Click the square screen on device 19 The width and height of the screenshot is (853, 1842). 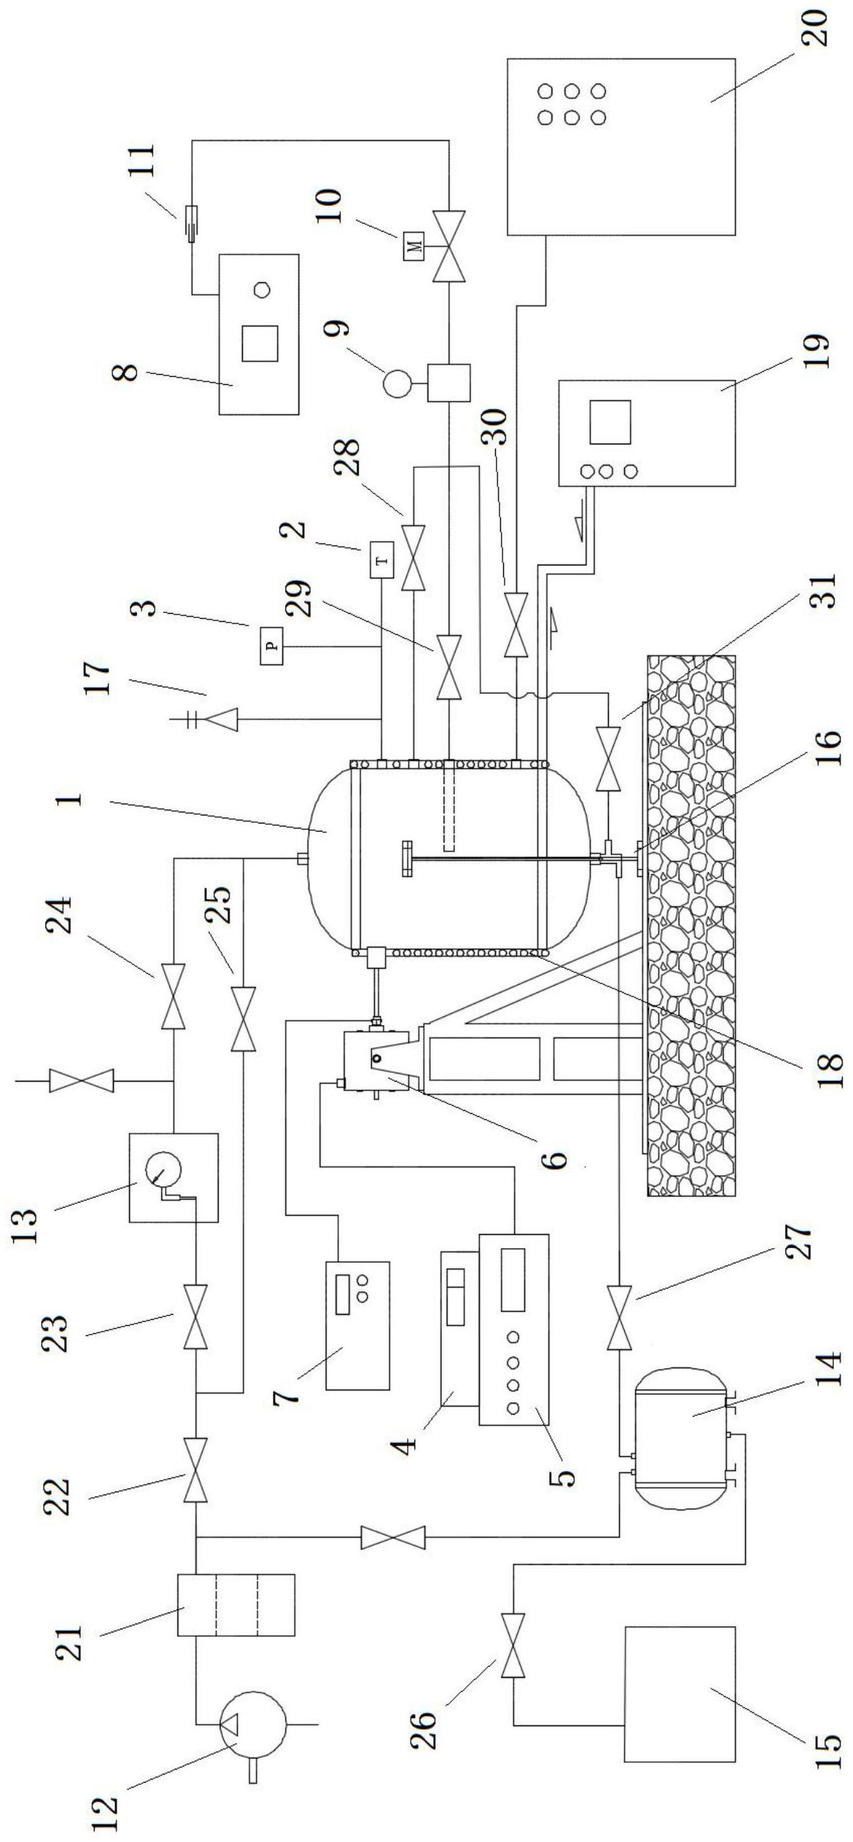click(x=610, y=422)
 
